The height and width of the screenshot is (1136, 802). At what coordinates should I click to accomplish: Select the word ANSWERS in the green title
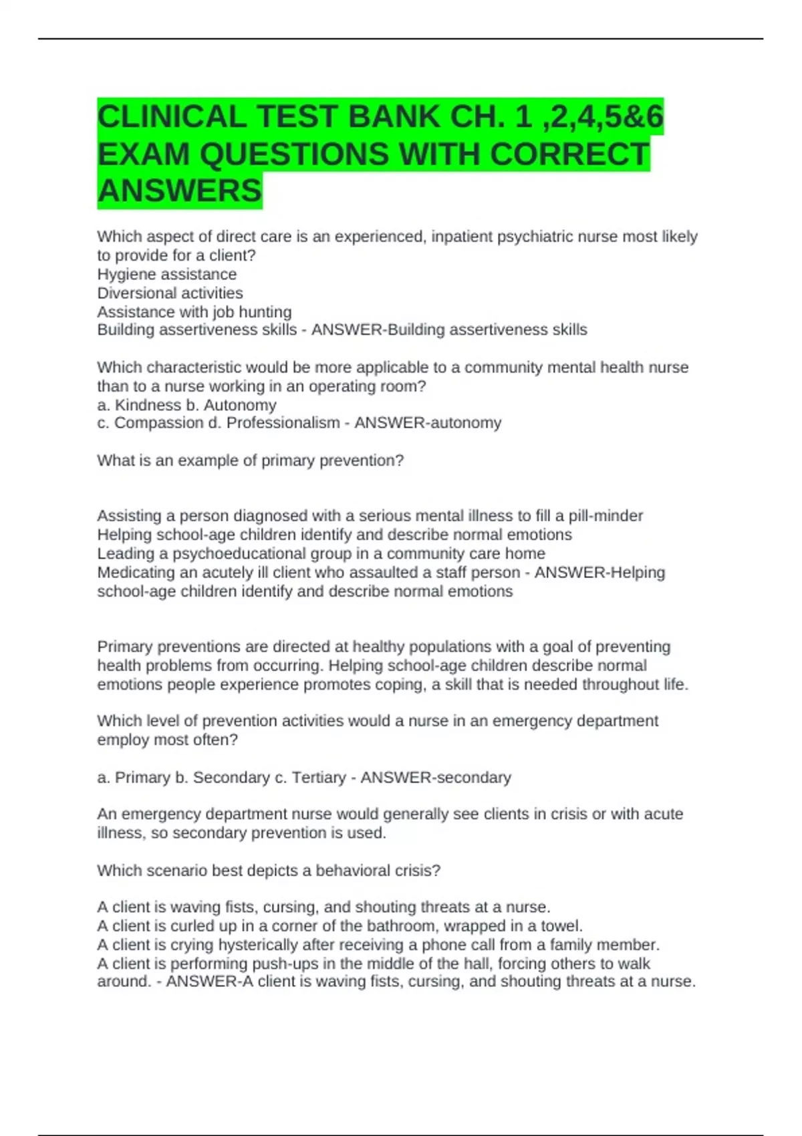click(x=179, y=191)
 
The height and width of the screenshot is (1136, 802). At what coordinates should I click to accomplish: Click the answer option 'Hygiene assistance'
click(x=166, y=274)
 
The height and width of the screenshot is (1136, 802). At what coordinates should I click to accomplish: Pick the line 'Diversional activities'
click(x=170, y=293)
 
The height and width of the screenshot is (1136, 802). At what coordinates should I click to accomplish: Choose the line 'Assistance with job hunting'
click(x=194, y=311)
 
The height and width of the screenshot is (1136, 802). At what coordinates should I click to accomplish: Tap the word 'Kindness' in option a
click(x=144, y=405)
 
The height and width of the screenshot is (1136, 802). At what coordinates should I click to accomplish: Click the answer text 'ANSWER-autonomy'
click(x=428, y=423)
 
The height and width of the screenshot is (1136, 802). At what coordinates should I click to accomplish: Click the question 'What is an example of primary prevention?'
click(x=250, y=460)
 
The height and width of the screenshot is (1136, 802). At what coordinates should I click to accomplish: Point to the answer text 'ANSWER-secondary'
click(x=436, y=777)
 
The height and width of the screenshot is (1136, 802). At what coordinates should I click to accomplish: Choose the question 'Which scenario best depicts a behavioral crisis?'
click(x=269, y=871)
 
